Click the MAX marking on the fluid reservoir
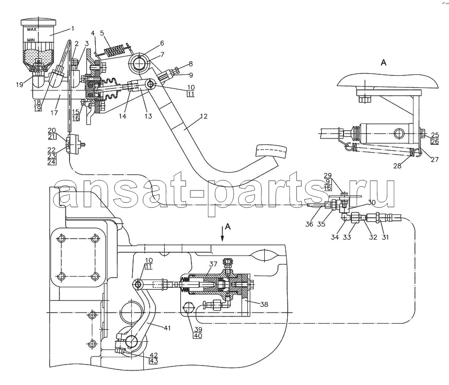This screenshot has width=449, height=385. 32,29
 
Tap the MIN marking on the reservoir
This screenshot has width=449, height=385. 31,40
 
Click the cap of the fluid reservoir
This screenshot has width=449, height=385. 39,22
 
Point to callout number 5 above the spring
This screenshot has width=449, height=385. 102,33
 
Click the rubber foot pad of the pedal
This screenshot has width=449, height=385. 271,151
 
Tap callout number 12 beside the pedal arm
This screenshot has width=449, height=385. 204,116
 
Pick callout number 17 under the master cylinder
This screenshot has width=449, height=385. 54,113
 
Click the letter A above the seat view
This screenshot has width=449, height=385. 383,62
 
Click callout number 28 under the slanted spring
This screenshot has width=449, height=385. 397,166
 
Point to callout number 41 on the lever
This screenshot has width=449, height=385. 167,328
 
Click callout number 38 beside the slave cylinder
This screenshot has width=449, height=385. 264,304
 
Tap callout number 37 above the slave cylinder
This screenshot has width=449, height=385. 213,264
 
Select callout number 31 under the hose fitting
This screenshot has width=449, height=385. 385,237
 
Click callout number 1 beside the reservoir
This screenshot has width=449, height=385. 73,28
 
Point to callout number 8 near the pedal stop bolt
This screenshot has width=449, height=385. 190,64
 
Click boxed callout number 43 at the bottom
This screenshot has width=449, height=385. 154,361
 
